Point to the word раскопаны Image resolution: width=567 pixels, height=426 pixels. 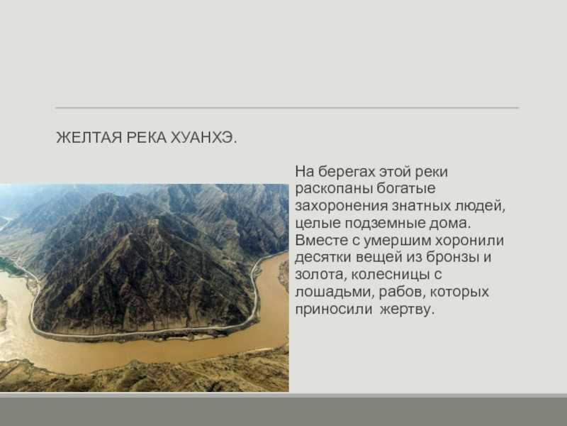pos(334,189)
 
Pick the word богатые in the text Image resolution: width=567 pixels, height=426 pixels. pos(405,188)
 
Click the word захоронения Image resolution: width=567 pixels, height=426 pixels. pos(342,206)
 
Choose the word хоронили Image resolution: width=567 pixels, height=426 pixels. pos(469,241)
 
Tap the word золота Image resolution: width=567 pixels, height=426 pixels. pos(320,275)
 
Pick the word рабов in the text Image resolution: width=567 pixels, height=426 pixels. pos(400,292)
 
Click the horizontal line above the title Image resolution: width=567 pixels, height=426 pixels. pos(287,108)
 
